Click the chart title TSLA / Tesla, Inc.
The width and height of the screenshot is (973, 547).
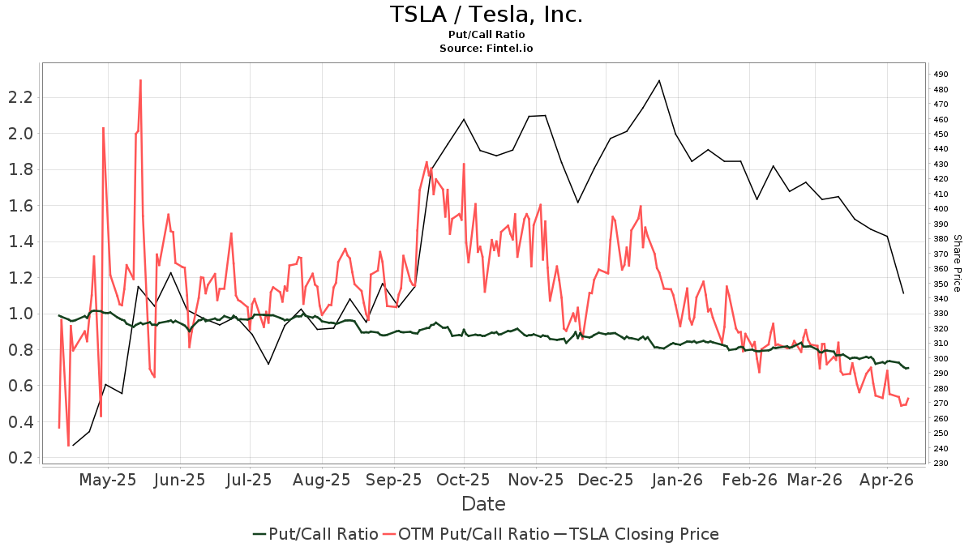486,15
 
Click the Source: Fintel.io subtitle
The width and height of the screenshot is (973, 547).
486,49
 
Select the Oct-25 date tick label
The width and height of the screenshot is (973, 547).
464,480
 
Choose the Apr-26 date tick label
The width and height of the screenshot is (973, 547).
888,480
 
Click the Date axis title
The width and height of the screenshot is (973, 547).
483,504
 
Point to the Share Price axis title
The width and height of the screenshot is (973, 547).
957,263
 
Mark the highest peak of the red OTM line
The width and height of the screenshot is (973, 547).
140,80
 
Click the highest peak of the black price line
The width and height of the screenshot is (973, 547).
659,80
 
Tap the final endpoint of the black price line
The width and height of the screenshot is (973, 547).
903,293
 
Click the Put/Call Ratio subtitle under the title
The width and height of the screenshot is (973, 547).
486,35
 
